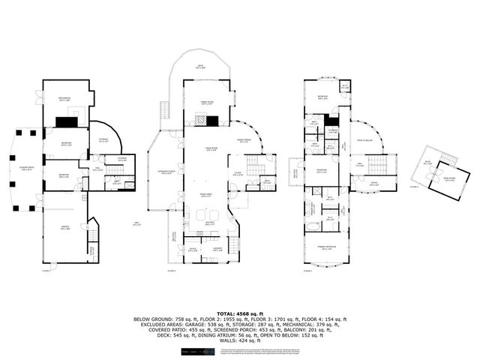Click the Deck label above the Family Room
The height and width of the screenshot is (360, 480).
tap(199, 66)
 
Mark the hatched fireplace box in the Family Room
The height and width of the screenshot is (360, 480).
tap(201, 119)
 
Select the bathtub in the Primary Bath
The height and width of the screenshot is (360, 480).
tap(312, 225)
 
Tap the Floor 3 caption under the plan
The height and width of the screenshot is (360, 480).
tap(307, 271)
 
